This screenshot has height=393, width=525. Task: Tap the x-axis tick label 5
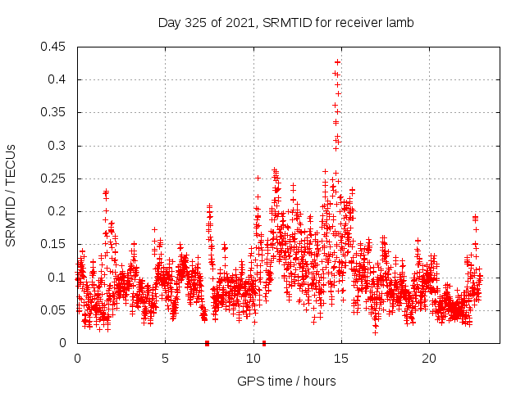click(x=165, y=359)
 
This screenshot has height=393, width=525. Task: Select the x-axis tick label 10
click(x=253, y=359)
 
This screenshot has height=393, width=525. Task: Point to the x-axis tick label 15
click(x=340, y=359)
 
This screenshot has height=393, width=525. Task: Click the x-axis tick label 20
click(x=428, y=359)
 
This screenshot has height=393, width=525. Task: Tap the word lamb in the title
click(x=399, y=22)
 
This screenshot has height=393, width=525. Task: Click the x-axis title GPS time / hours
click(x=287, y=381)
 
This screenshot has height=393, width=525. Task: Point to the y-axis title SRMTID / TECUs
click(x=11, y=195)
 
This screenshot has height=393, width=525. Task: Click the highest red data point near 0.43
click(x=337, y=62)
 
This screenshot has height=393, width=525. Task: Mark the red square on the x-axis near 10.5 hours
click(x=263, y=343)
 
